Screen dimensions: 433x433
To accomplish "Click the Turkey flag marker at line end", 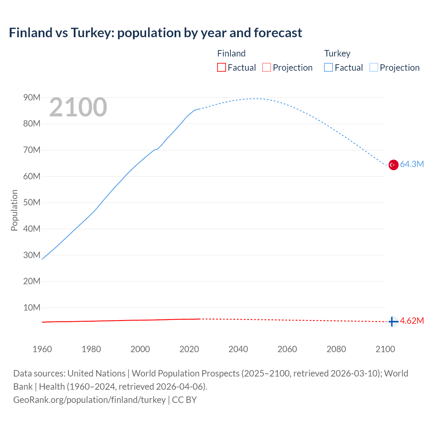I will click(x=393, y=165).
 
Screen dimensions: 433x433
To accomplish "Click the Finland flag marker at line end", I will click(x=393, y=321).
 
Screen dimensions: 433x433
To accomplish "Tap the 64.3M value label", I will click(x=412, y=164).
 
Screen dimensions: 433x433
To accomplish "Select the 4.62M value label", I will click(x=412, y=321).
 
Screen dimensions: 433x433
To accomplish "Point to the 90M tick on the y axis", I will click(x=32, y=97).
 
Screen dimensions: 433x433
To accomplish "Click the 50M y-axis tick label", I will click(x=32, y=202).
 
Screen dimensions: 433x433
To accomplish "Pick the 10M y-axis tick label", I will click(x=32, y=307).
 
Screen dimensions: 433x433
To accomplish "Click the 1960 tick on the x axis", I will click(x=42, y=349).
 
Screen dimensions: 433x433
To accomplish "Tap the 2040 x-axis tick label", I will click(x=238, y=349).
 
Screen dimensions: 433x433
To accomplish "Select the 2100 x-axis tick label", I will click(x=385, y=349).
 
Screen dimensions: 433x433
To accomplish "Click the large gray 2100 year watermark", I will click(x=78, y=107).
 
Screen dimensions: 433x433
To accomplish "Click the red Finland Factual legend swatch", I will click(x=222, y=67).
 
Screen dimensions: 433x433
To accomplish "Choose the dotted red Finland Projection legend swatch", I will click(x=267, y=67).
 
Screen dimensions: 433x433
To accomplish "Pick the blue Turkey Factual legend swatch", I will click(x=328, y=67).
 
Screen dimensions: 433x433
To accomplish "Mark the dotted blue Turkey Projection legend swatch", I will click(x=373, y=67).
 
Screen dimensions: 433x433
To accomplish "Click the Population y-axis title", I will click(x=14, y=210).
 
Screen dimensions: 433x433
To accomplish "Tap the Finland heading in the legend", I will click(x=231, y=53).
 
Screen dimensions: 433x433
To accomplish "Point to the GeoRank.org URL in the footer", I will click(x=89, y=400).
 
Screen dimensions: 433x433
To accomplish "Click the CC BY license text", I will click(x=184, y=400).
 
